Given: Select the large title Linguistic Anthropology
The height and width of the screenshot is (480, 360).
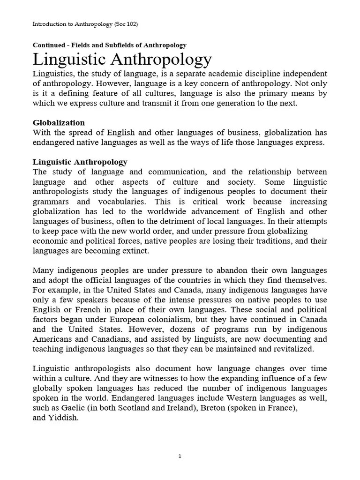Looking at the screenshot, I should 122,60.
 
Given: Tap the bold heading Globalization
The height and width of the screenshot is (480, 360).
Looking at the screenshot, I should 59,123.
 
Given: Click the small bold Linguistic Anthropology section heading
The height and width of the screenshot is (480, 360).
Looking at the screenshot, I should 80,162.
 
